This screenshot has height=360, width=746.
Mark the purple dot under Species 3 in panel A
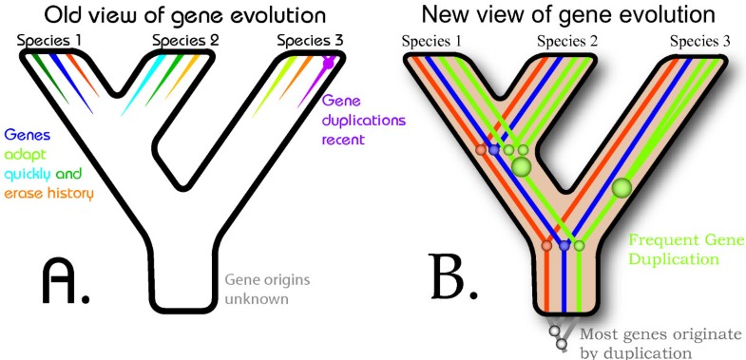point(328,63)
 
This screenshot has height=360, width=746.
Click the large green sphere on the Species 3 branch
point(622,187)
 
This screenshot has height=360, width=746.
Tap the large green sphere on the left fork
point(520,167)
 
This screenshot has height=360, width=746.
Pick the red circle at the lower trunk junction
point(546,245)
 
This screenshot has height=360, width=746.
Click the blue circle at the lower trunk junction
point(564,245)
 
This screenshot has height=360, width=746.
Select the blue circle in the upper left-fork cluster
point(494,149)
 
